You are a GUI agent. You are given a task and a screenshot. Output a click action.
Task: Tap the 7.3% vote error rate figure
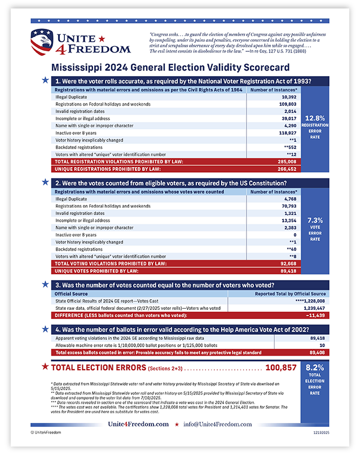coord(315,221)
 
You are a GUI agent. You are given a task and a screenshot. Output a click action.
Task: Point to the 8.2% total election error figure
coord(315,367)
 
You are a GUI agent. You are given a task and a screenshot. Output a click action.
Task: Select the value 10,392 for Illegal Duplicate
coord(289,97)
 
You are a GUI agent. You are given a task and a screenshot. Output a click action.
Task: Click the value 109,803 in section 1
coord(288,105)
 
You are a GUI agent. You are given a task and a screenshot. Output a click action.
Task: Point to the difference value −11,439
coord(314,315)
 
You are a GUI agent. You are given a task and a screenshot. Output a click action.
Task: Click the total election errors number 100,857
coord(280,368)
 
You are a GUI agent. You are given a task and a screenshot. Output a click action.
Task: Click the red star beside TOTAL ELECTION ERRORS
coord(45,367)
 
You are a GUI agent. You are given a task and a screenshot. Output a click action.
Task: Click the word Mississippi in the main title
coord(78,66)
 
